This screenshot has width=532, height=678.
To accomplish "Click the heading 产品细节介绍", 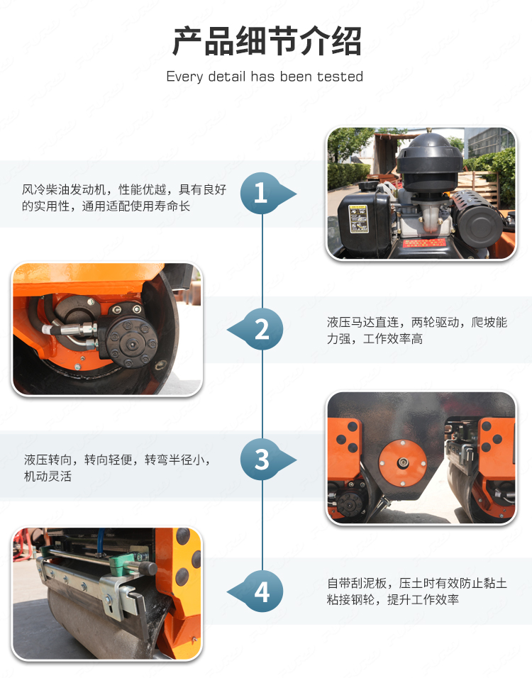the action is click(267, 41).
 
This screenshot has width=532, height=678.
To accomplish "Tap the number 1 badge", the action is click(260, 193).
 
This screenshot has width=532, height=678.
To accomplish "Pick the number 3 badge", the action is click(261, 459).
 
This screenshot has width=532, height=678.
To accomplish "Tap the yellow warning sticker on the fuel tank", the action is click(358, 219).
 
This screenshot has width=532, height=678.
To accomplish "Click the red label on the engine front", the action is click(424, 243).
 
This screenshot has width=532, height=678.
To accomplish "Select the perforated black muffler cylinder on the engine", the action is click(477, 216).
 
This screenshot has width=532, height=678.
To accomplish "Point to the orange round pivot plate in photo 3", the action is click(402, 462).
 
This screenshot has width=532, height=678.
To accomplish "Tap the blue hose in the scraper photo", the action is click(100, 540).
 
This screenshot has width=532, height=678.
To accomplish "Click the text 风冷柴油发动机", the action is click(64, 189).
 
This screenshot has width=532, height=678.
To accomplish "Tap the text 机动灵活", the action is click(48, 476).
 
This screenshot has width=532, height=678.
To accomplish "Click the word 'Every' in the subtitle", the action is click(184, 77).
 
